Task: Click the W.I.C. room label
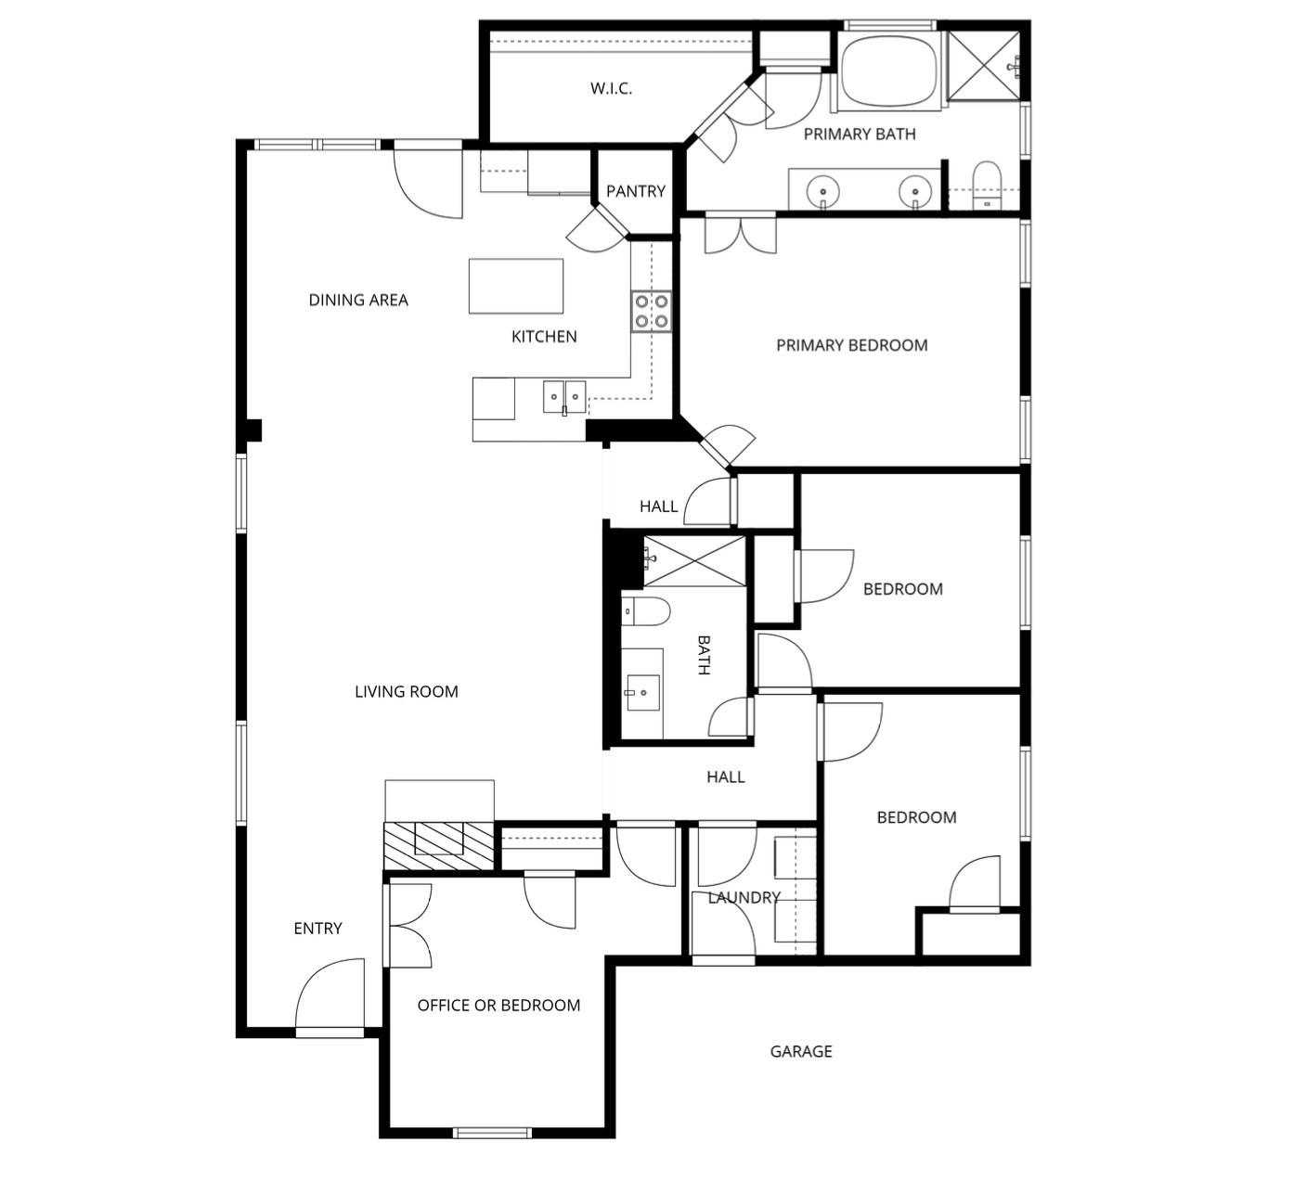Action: click(611, 89)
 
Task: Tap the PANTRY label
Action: click(635, 191)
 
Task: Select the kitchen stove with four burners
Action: click(651, 311)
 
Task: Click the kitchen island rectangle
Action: click(515, 286)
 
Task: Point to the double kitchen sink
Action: click(564, 397)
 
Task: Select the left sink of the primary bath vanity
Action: click(822, 191)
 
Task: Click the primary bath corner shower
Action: click(983, 64)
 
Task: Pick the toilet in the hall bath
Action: click(646, 611)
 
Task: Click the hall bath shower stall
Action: click(694, 560)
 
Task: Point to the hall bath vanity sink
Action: click(642, 691)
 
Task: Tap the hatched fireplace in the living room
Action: click(438, 845)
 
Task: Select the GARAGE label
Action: click(800, 1051)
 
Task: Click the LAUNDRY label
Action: click(744, 897)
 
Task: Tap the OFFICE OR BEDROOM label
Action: click(498, 1005)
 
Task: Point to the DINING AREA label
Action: click(358, 300)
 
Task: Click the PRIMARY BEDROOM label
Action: click(851, 345)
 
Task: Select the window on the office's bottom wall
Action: click(492, 1132)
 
